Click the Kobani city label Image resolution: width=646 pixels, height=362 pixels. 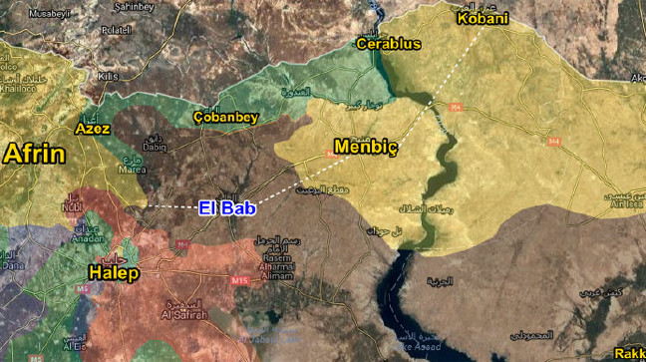[x=482, y=19]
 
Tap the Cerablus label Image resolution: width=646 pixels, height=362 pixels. [x=390, y=44]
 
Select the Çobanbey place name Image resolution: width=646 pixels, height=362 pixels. [x=225, y=117]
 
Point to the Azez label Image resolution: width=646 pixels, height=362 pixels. [x=93, y=129]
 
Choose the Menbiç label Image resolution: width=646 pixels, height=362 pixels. [x=365, y=149]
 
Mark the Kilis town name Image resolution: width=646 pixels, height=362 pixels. [x=108, y=76]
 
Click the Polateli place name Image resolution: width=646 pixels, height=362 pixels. [x=116, y=31]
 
